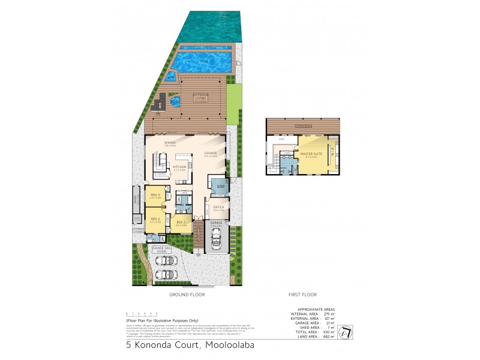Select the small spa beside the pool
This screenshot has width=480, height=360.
click(x=170, y=76)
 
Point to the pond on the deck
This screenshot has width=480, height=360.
click(x=175, y=102)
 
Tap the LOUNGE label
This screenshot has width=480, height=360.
click(x=210, y=154)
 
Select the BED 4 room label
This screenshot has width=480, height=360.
click(x=154, y=196)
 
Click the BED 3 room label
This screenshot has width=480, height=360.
click(x=181, y=223)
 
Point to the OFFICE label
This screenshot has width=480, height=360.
click(x=218, y=208)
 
